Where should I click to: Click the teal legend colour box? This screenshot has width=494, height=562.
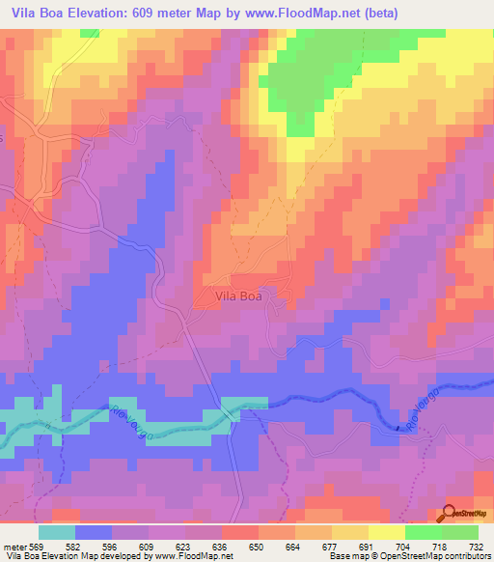57,532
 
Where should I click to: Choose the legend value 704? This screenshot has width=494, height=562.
396,547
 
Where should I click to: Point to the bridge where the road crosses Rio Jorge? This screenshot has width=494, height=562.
234,411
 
